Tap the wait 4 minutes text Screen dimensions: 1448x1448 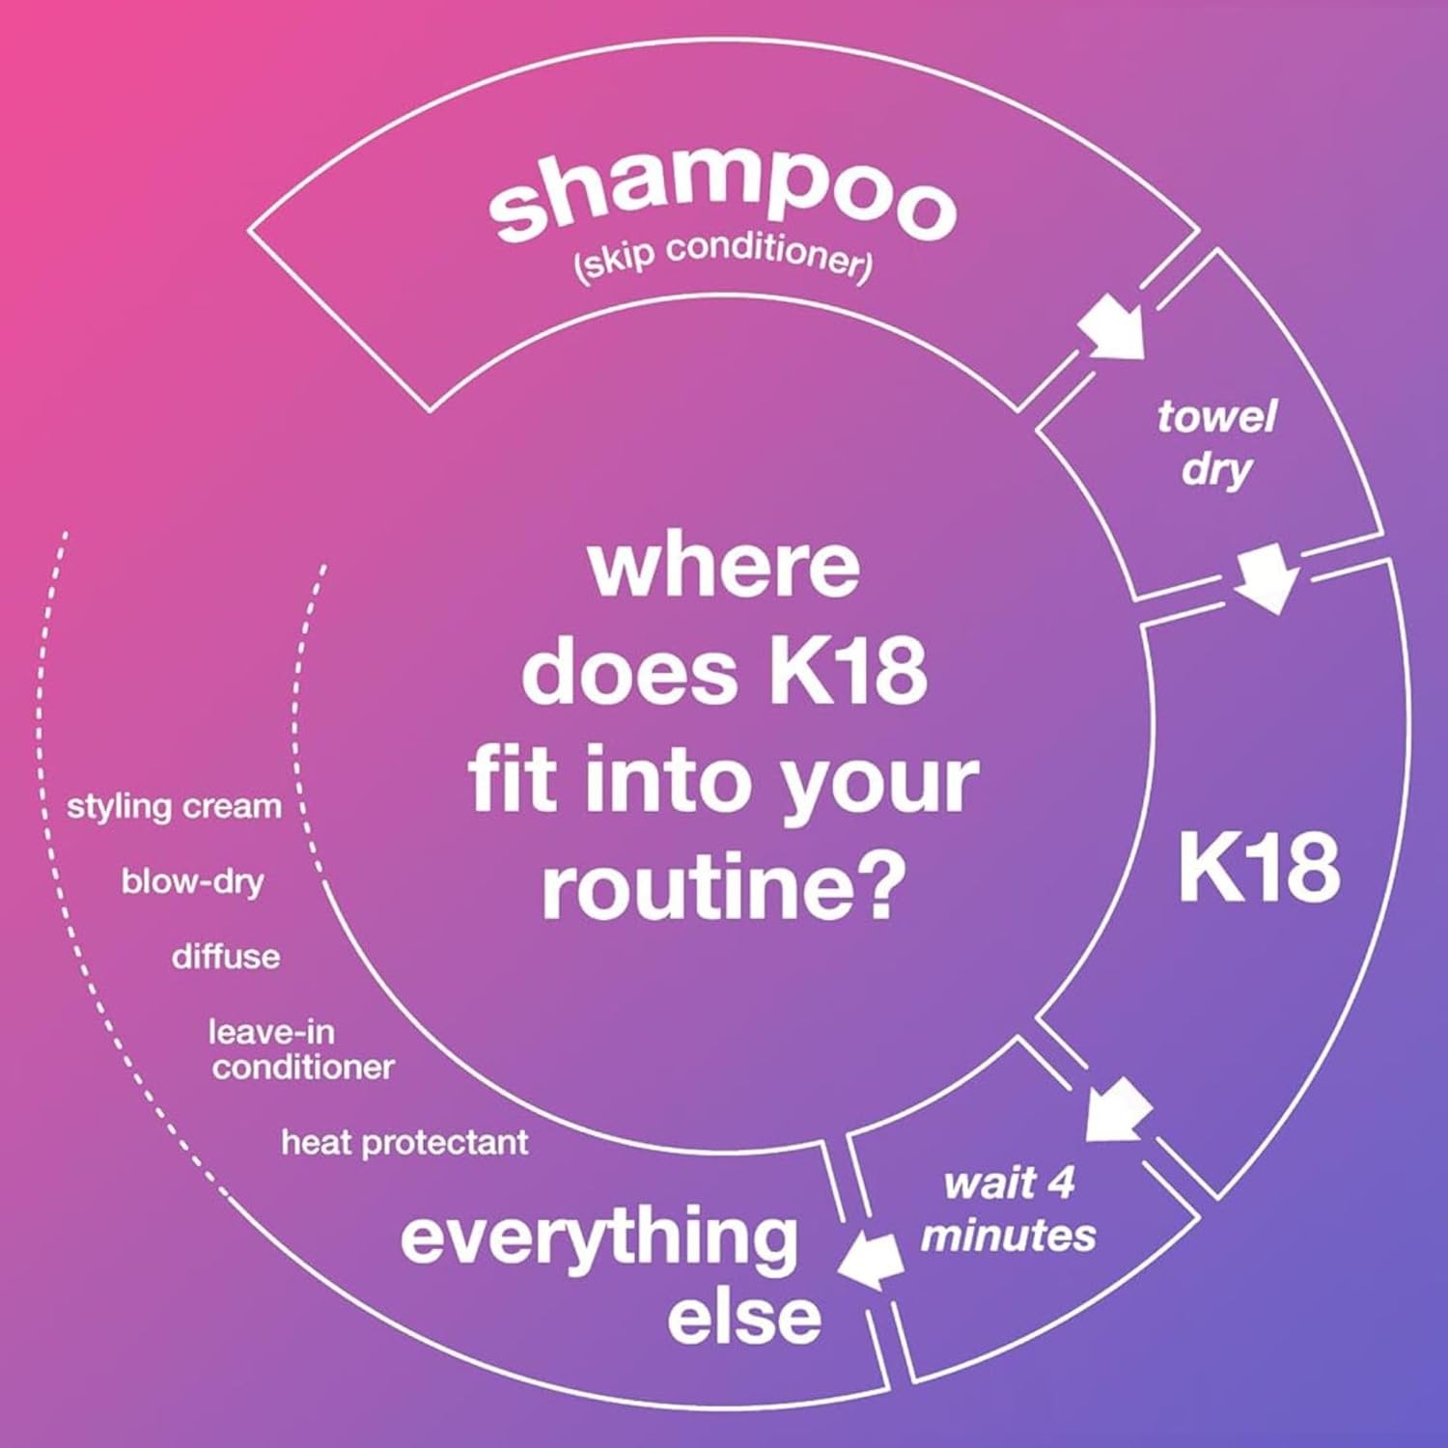(1009, 1209)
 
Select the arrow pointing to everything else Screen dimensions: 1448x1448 (871, 1263)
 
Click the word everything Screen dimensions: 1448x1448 (599, 1239)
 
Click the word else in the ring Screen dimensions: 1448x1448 (743, 1318)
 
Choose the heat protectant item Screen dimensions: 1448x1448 (404, 1143)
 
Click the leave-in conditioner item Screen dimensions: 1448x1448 (302, 1049)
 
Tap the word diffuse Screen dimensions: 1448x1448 (226, 957)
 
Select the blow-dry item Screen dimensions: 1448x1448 (193, 881)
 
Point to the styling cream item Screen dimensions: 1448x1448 (174, 806)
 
